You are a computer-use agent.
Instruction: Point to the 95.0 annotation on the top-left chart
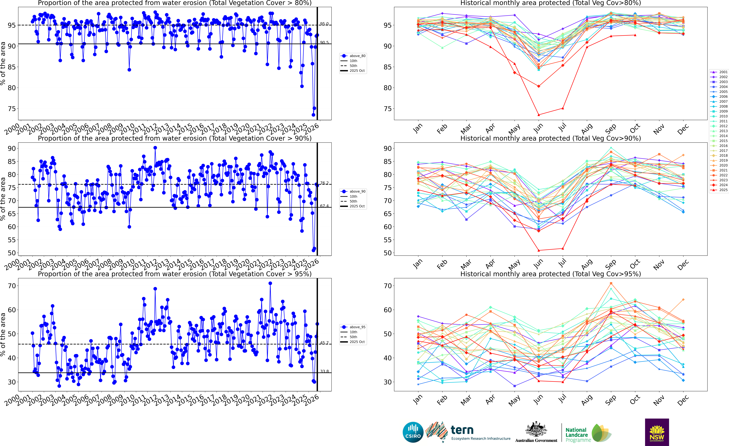[324, 24]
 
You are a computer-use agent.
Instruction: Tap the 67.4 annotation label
[324, 206]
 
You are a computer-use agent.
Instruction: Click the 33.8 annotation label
[324, 371]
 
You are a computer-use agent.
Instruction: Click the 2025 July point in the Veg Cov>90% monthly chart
[563, 248]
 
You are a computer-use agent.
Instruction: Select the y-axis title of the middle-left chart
[3, 199]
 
